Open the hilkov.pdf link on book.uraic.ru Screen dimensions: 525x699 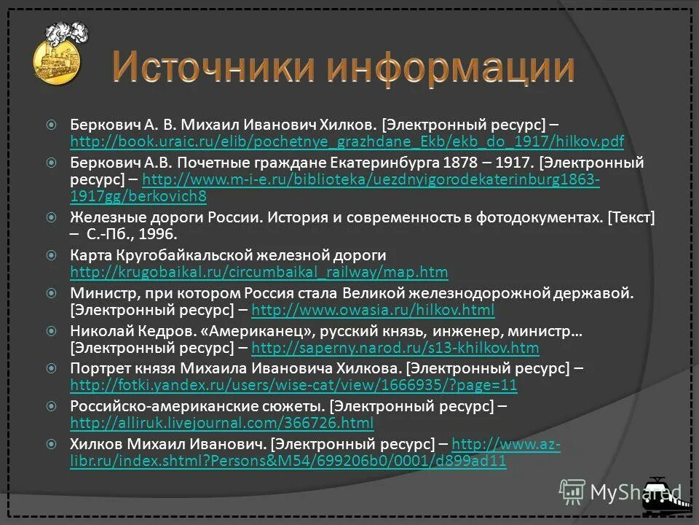coord(347,141)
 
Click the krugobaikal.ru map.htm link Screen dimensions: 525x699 coord(258,273)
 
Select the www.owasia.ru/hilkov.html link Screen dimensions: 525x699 coord(372,311)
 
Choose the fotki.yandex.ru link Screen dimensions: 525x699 coord(293,385)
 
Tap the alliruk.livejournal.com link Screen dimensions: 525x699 coord(221,423)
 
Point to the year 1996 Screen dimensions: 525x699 coord(157,235)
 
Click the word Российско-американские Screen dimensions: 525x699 coord(149,405)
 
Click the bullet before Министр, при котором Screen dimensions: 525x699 coord(51,293)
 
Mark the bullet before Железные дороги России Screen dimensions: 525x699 coord(51,217)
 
